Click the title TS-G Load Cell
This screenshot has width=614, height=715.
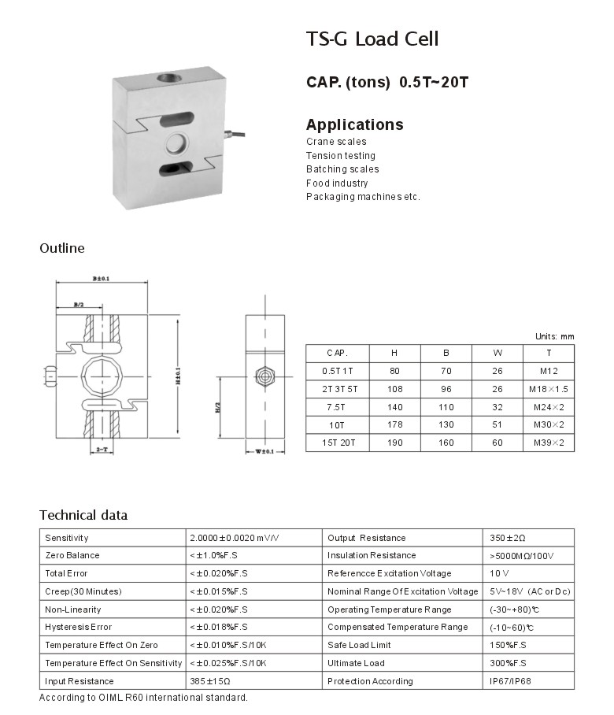(x=372, y=39)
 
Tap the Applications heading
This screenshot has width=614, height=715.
(x=354, y=124)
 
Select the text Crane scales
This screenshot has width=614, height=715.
(x=336, y=142)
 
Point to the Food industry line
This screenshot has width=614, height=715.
(x=337, y=183)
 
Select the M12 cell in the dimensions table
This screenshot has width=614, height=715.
(x=549, y=370)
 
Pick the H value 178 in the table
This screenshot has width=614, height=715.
(x=394, y=425)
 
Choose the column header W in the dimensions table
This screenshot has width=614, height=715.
(x=497, y=353)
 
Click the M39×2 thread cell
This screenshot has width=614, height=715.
(x=549, y=443)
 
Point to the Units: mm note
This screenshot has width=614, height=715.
(x=554, y=336)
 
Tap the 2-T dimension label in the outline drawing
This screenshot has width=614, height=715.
(x=102, y=448)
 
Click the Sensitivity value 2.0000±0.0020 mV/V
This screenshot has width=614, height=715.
(x=234, y=538)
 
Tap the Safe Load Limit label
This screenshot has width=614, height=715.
(x=359, y=645)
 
